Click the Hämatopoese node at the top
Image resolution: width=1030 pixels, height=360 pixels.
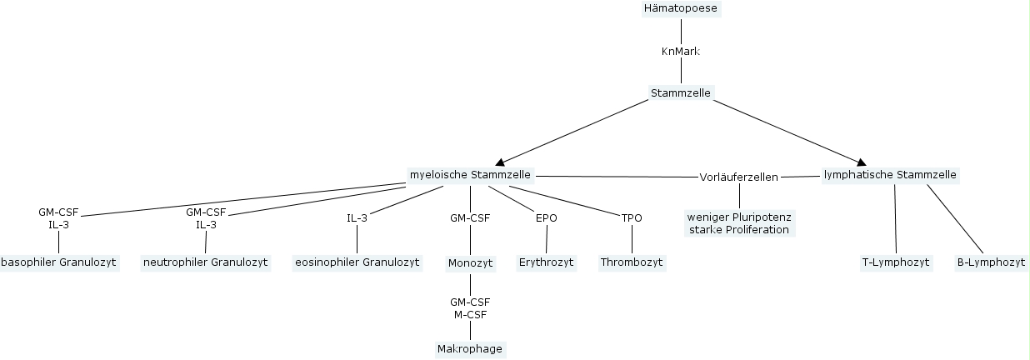click(x=681, y=8)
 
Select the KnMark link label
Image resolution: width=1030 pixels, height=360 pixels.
click(x=680, y=52)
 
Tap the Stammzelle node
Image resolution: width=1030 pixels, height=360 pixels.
click(x=681, y=92)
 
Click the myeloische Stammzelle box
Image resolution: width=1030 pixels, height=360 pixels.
click(x=470, y=175)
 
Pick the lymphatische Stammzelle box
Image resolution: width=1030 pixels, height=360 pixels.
click(x=890, y=175)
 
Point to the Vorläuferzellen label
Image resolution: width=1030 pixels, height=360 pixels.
click(x=738, y=177)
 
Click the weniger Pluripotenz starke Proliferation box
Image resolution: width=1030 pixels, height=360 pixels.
click(x=738, y=222)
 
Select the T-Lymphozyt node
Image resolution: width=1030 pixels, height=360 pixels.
click(x=895, y=262)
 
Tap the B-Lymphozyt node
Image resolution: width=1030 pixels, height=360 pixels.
click(x=991, y=262)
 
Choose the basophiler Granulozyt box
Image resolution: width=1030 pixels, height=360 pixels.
click(x=58, y=262)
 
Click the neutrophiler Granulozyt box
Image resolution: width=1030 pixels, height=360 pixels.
click(x=206, y=262)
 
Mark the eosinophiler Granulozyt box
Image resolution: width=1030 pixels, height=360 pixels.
click(x=357, y=262)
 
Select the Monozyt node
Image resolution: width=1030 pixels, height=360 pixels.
click(x=471, y=262)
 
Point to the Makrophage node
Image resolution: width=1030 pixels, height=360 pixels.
click(x=470, y=349)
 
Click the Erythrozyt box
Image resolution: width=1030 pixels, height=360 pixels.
click(x=547, y=262)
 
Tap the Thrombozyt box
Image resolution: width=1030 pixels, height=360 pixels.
click(x=632, y=262)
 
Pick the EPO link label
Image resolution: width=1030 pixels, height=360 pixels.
click(x=547, y=218)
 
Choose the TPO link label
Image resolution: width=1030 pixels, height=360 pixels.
click(x=632, y=218)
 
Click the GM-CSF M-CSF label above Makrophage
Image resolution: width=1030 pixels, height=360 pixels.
click(x=470, y=308)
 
